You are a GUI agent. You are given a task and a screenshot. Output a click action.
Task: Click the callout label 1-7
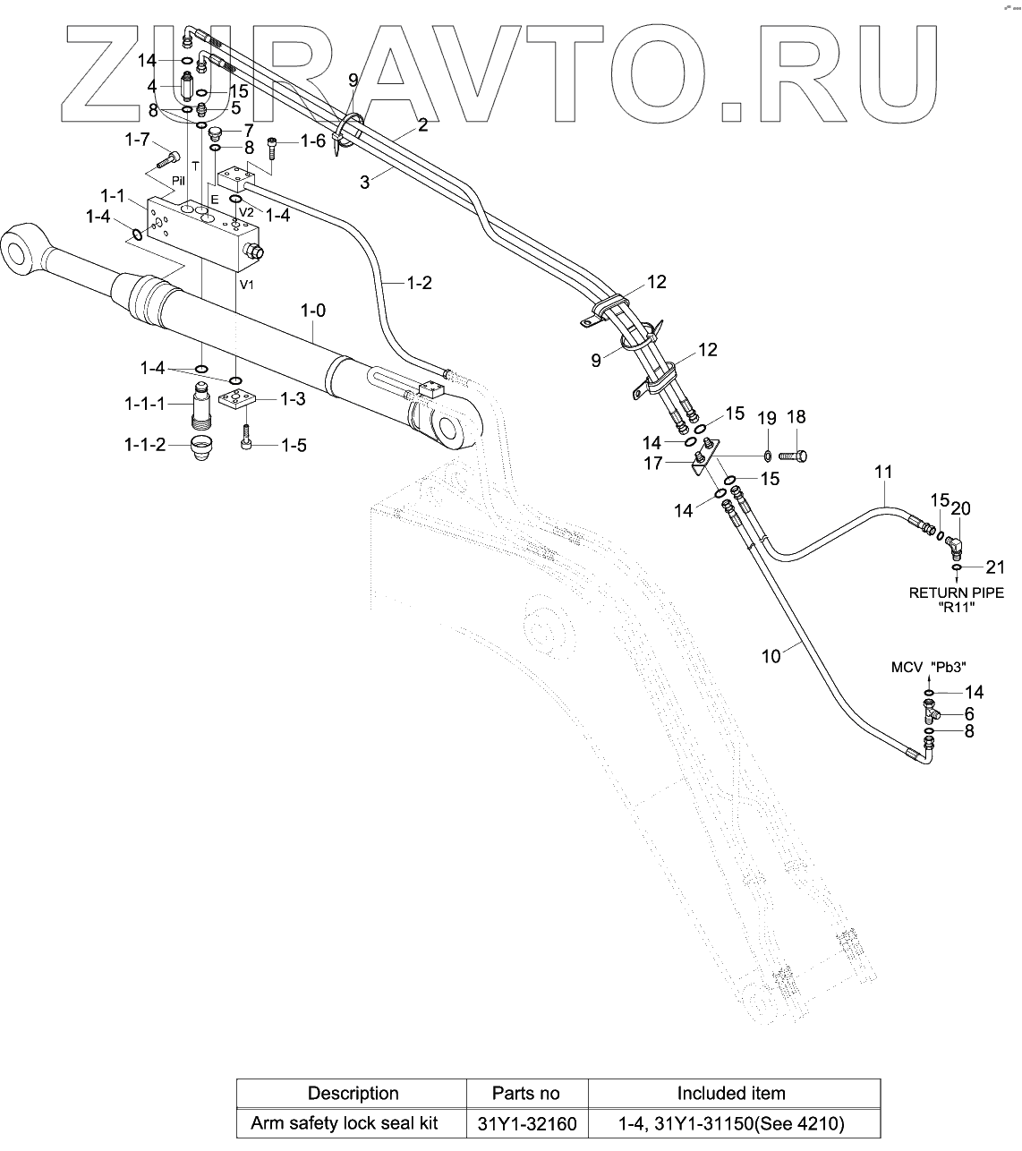[x=137, y=140]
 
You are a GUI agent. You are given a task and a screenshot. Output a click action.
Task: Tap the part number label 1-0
[x=312, y=311]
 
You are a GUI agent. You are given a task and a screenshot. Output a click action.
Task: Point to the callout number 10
[x=771, y=656]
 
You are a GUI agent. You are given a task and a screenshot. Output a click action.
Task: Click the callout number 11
[x=884, y=471]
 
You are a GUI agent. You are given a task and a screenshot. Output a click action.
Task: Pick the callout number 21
[x=995, y=567]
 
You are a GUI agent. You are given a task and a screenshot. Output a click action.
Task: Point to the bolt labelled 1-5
[x=246, y=440]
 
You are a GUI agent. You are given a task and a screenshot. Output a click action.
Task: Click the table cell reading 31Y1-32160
[x=526, y=1123]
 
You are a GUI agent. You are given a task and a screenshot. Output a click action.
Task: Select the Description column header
[x=353, y=1093]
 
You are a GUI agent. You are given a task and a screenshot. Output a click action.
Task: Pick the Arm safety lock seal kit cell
[x=352, y=1123]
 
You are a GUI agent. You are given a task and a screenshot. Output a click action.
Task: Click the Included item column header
[x=730, y=1093]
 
